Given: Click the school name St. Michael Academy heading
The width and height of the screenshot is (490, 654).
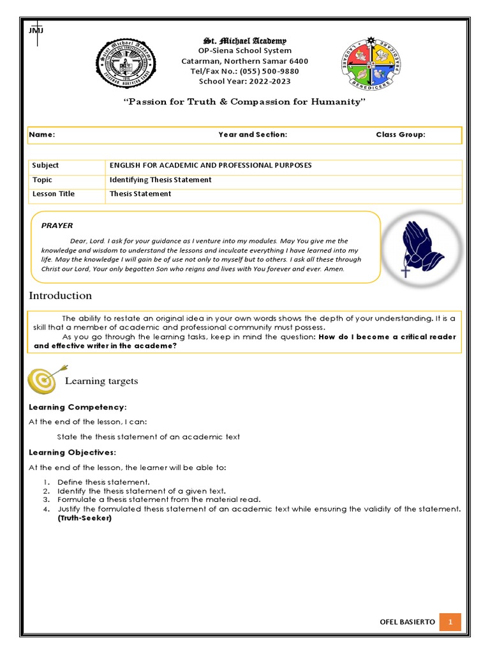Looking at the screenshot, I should tap(244, 41).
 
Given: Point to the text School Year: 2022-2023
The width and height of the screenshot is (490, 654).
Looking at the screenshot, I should tap(245, 81).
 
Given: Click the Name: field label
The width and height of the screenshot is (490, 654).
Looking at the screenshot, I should tap(43, 135).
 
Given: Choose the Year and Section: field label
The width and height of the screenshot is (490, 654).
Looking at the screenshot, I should tap(253, 135).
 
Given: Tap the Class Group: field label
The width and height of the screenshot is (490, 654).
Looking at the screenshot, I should tap(400, 135).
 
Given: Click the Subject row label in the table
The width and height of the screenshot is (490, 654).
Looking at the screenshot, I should tap(45, 165).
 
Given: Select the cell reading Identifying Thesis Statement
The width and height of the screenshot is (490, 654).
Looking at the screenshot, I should tap(160, 180).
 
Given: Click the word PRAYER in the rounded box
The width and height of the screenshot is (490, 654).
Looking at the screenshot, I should tap(57, 225).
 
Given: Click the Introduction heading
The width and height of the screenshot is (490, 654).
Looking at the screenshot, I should tap(61, 296).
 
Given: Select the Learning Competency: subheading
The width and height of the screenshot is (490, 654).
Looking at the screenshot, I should tap(78, 407).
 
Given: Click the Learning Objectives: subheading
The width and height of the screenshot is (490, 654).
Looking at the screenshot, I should tap(73, 453).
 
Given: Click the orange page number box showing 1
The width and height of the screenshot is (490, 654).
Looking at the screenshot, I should tap(450, 622).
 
